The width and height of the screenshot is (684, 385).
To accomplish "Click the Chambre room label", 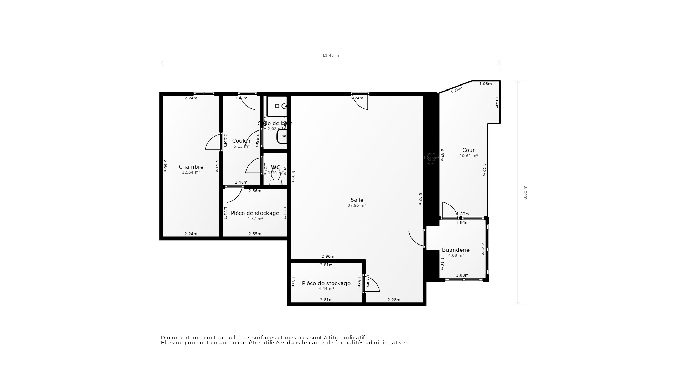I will click(x=191, y=167).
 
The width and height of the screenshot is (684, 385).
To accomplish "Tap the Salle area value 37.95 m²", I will click(x=357, y=206).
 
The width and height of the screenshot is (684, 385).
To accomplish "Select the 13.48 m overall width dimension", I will click(x=331, y=56).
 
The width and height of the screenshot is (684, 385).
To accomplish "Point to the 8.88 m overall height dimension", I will click(x=525, y=192).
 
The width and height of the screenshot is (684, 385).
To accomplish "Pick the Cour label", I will click(x=468, y=150).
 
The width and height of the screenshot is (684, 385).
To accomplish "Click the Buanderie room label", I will click(x=456, y=250).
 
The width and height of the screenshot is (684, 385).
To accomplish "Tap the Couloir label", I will click(x=241, y=141).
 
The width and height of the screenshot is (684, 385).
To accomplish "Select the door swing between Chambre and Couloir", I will click(x=214, y=142).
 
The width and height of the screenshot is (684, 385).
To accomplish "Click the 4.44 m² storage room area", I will click(x=326, y=289).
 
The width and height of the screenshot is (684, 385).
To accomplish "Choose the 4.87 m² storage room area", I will click(x=255, y=219).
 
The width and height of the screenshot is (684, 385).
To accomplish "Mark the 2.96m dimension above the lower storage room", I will click(x=328, y=257).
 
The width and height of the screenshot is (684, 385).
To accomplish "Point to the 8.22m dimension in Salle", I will click(x=420, y=199).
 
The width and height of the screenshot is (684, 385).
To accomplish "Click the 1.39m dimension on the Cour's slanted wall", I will click(x=456, y=90).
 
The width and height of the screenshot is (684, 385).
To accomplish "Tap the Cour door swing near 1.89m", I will click(x=449, y=210).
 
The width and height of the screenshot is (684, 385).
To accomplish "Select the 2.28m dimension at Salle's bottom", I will click(x=394, y=300).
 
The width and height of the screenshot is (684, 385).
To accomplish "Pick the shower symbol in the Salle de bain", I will click(x=277, y=106).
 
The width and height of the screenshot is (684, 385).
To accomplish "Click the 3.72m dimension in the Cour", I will click(x=484, y=170).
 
